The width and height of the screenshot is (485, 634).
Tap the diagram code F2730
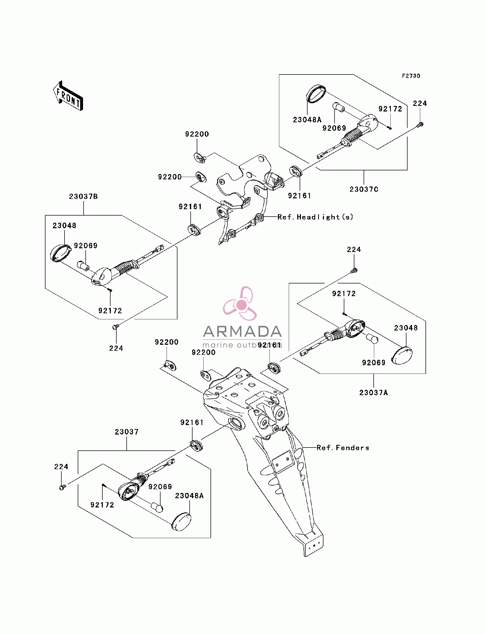pyautogui.click(x=411, y=76)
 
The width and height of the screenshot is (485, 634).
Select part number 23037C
pyautogui.click(x=364, y=189)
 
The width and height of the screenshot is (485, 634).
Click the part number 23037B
pyautogui.click(x=83, y=196)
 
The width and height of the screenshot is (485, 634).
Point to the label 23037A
pyautogui.click(x=374, y=392)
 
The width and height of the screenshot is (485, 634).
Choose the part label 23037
pyautogui.click(x=127, y=432)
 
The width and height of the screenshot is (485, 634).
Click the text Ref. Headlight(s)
pyautogui.click(x=315, y=217)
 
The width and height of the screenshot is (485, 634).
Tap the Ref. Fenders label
pyautogui.click(x=343, y=447)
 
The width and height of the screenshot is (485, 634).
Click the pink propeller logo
pyautogui.click(x=240, y=304)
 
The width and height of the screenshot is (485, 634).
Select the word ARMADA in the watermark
pyautogui.click(x=242, y=332)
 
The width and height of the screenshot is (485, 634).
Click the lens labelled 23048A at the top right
pyautogui.click(x=316, y=94)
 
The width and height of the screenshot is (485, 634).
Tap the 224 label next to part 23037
pyautogui.click(x=61, y=467)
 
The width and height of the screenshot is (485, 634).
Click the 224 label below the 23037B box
pyautogui.click(x=116, y=348)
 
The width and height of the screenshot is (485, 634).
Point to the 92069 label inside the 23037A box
pyautogui.click(x=374, y=362)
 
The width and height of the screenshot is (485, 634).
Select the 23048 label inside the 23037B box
pyautogui.click(x=64, y=225)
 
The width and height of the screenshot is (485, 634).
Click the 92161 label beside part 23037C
pyautogui.click(x=300, y=196)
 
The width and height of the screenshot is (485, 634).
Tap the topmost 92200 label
pyautogui.click(x=197, y=134)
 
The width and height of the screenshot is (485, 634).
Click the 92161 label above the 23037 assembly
pyautogui.click(x=192, y=422)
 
